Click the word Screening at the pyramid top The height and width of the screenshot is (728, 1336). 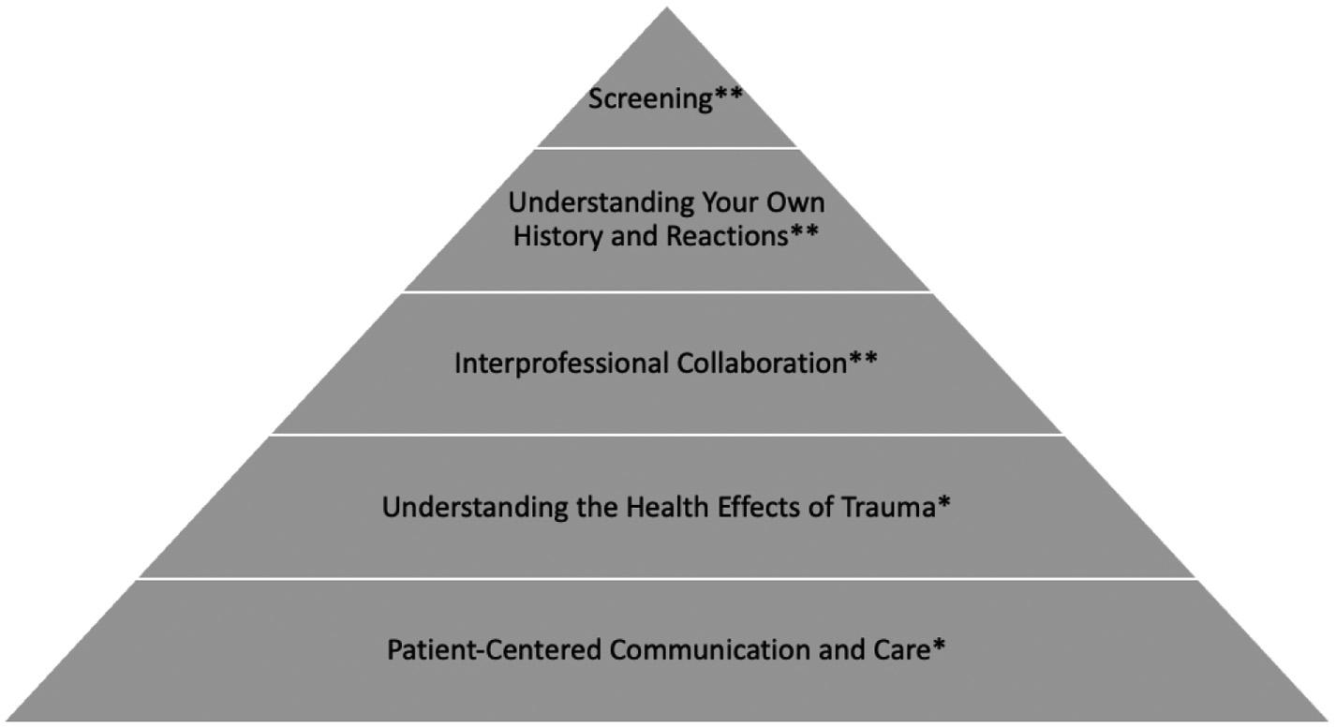coord(650,98)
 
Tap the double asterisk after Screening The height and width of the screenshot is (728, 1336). coord(729,97)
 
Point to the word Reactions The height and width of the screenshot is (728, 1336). coord(727,235)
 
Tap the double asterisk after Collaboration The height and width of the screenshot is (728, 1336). coord(863,362)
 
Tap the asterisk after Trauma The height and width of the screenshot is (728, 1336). coord(944,505)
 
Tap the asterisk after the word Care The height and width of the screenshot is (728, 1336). coord(938,646)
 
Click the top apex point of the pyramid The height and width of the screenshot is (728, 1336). coord(667,8)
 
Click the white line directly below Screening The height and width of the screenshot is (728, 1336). coord(667,148)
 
